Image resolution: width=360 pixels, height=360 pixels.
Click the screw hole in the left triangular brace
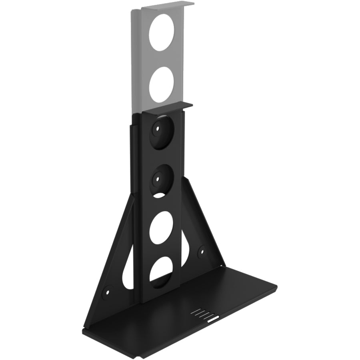[107, 291]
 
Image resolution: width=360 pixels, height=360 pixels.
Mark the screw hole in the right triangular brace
[202, 252]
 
